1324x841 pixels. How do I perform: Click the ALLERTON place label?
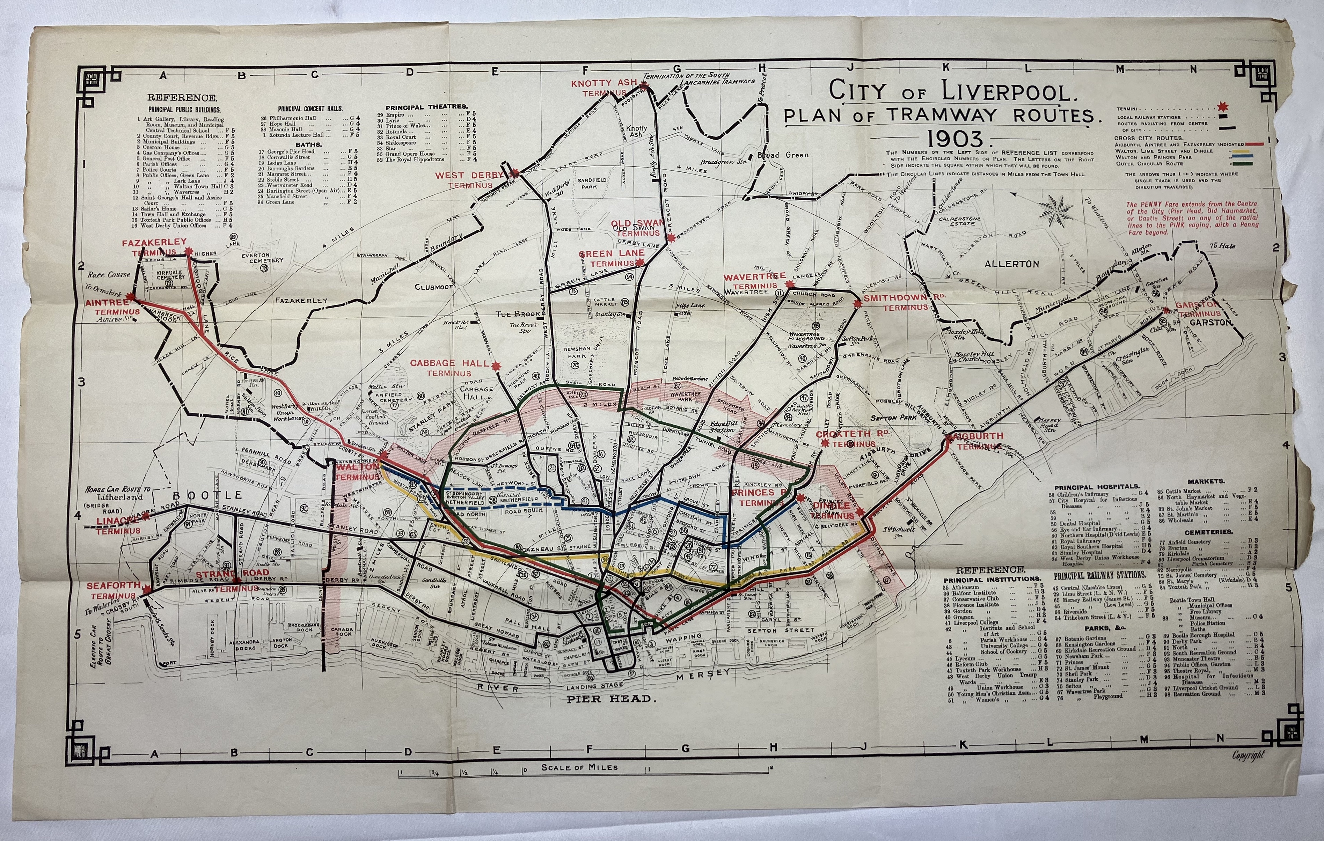pyautogui.click(x=1012, y=264)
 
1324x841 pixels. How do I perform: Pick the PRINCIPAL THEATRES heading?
pyautogui.click(x=426, y=106)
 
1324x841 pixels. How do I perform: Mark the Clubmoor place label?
pyautogui.click(x=433, y=287)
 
